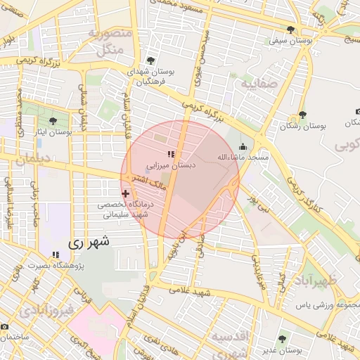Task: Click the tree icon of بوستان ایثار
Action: click(x=53, y=121)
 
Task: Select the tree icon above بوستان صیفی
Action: click(x=291, y=30)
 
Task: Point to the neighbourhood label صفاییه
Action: click(x=259, y=84)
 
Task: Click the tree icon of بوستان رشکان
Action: click(x=302, y=114)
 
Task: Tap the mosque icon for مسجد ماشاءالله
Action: click(x=243, y=146)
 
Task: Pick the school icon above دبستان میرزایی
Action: click(x=170, y=154)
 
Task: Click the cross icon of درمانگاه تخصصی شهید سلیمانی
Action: click(x=126, y=192)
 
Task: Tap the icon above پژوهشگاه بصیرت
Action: click(x=55, y=254)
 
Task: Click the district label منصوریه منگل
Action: click(x=108, y=41)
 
